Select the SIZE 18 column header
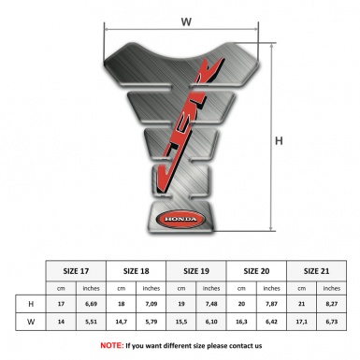coord(139,269)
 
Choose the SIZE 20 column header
coord(258,269)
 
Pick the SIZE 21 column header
coord(318,269)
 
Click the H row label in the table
coord(33,305)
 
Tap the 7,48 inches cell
coord(214,305)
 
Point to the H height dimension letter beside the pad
coord(279,142)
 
